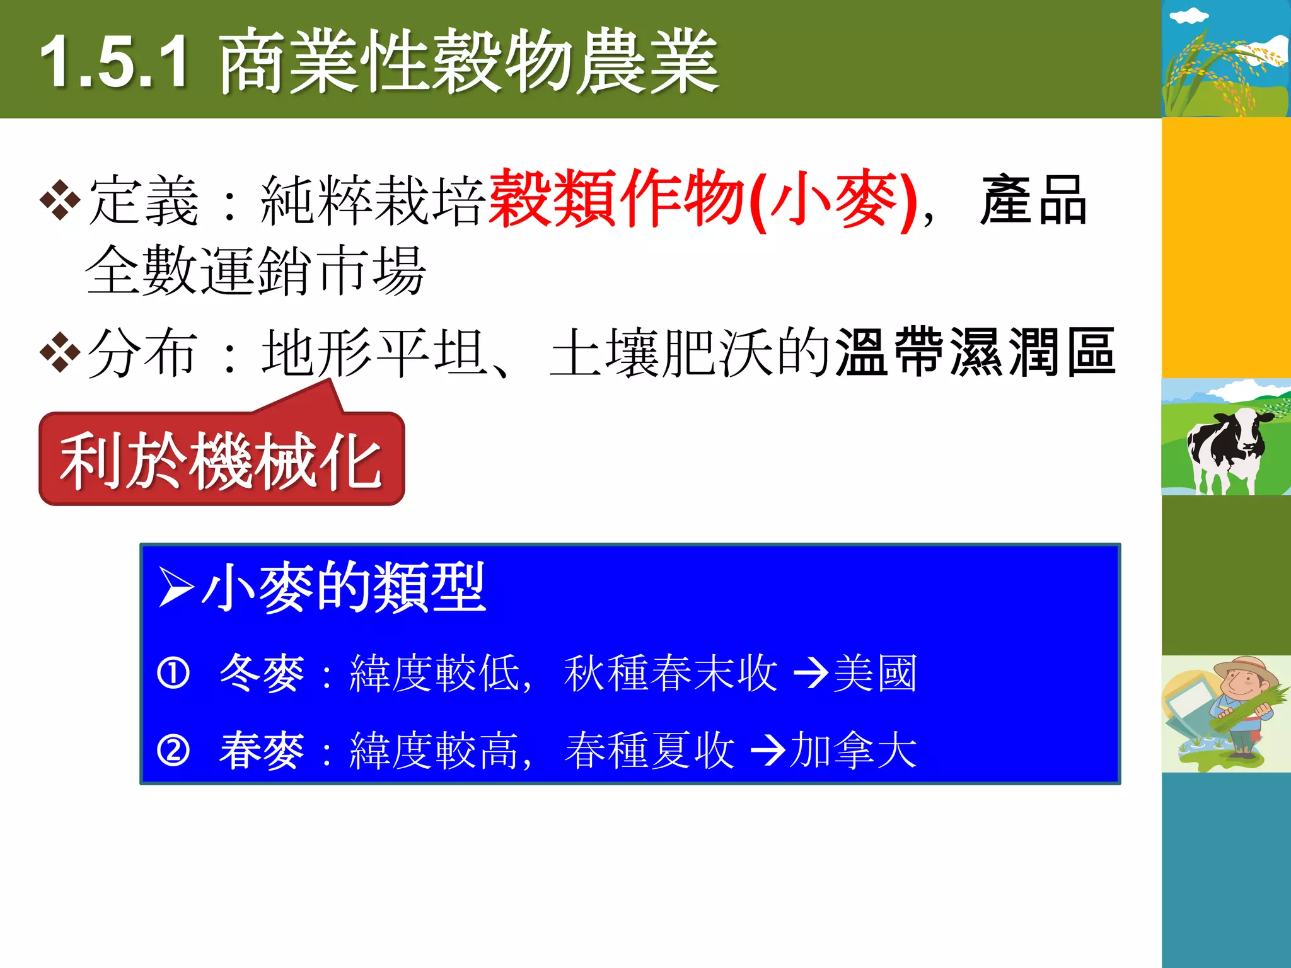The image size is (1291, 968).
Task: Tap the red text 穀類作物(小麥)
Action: point(702,199)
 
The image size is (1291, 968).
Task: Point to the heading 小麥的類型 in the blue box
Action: point(344,587)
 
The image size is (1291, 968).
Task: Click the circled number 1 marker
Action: point(173,673)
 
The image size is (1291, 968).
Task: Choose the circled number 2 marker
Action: point(173,751)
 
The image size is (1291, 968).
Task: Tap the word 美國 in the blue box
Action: point(875,673)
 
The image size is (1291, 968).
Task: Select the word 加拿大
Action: point(852,751)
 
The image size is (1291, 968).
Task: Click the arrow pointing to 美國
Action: point(810,673)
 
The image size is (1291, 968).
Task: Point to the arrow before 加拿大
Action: point(767,751)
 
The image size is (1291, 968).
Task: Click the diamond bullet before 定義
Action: point(60,201)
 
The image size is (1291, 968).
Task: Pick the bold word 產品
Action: point(1034,201)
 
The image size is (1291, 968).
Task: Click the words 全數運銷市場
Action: point(256,271)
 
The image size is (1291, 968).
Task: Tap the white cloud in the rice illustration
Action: point(1189,15)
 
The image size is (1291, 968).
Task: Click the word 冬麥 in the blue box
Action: point(262,673)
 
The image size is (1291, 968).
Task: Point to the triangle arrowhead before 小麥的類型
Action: point(175,587)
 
